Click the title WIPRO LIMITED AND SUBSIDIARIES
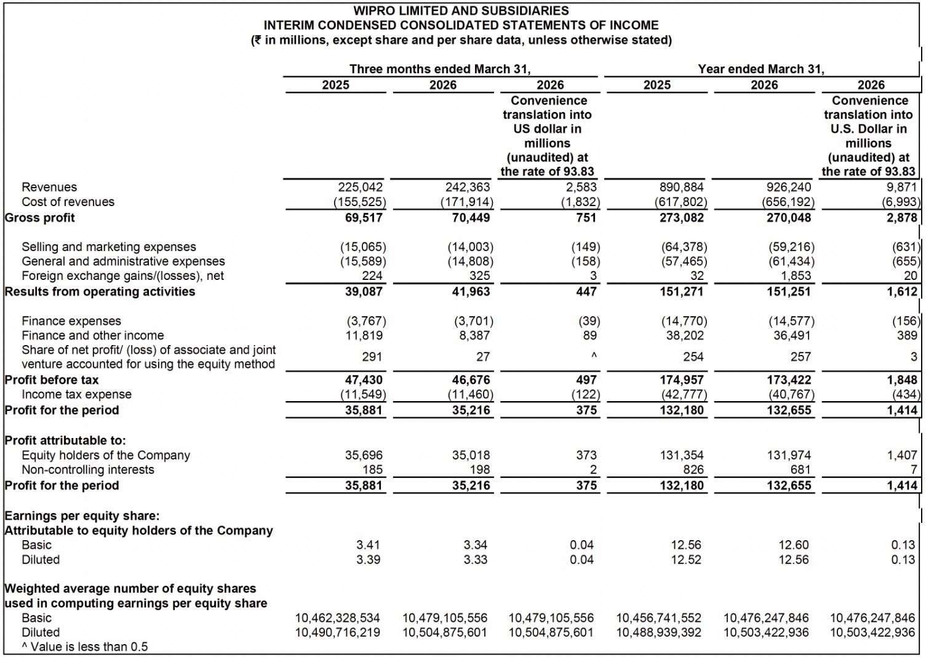[461, 10]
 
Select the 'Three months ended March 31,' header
[440, 69]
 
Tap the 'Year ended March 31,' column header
[761, 69]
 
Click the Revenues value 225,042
[360, 187]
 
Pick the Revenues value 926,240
[789, 187]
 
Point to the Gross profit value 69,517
[364, 218]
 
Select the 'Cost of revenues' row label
[68, 202]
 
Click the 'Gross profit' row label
[40, 218]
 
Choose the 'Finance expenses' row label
[71, 321]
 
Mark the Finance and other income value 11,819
[364, 335]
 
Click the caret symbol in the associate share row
[593, 356]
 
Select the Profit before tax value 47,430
[364, 380]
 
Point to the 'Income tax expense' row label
[76, 394]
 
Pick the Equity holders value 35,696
[364, 455]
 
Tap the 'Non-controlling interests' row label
[88, 470]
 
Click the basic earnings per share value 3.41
[368, 545]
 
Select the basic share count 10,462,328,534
[337, 618]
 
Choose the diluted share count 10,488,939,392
[658, 632]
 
